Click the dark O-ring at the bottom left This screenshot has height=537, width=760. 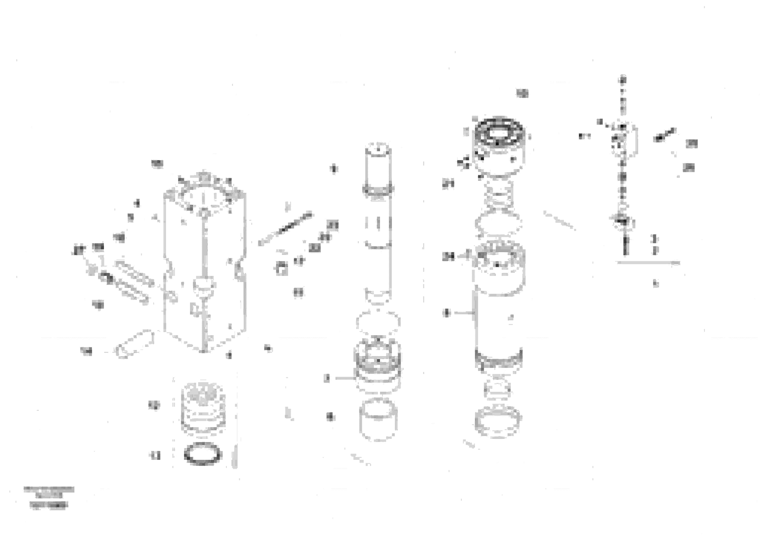(203, 454)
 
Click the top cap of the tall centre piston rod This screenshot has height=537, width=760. (378, 149)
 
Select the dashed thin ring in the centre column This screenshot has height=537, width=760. (378, 321)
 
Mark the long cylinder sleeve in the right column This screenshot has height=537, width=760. (499, 318)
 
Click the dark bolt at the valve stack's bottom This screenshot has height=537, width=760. (625, 245)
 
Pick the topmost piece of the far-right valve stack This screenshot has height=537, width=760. (623, 80)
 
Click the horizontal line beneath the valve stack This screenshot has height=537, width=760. (648, 263)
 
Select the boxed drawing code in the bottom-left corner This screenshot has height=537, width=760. (49, 506)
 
